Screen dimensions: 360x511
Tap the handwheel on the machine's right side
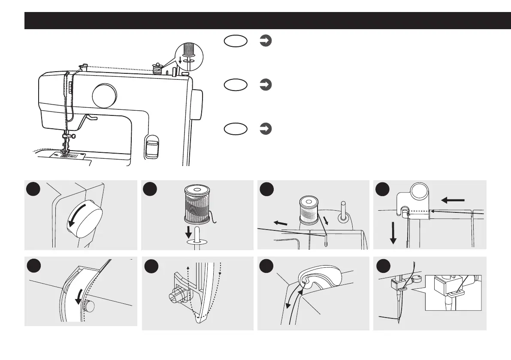pos(197,104)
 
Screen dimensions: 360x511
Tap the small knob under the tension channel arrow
pos(89,306)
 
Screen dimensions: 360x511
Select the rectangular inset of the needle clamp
pos(453,292)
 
